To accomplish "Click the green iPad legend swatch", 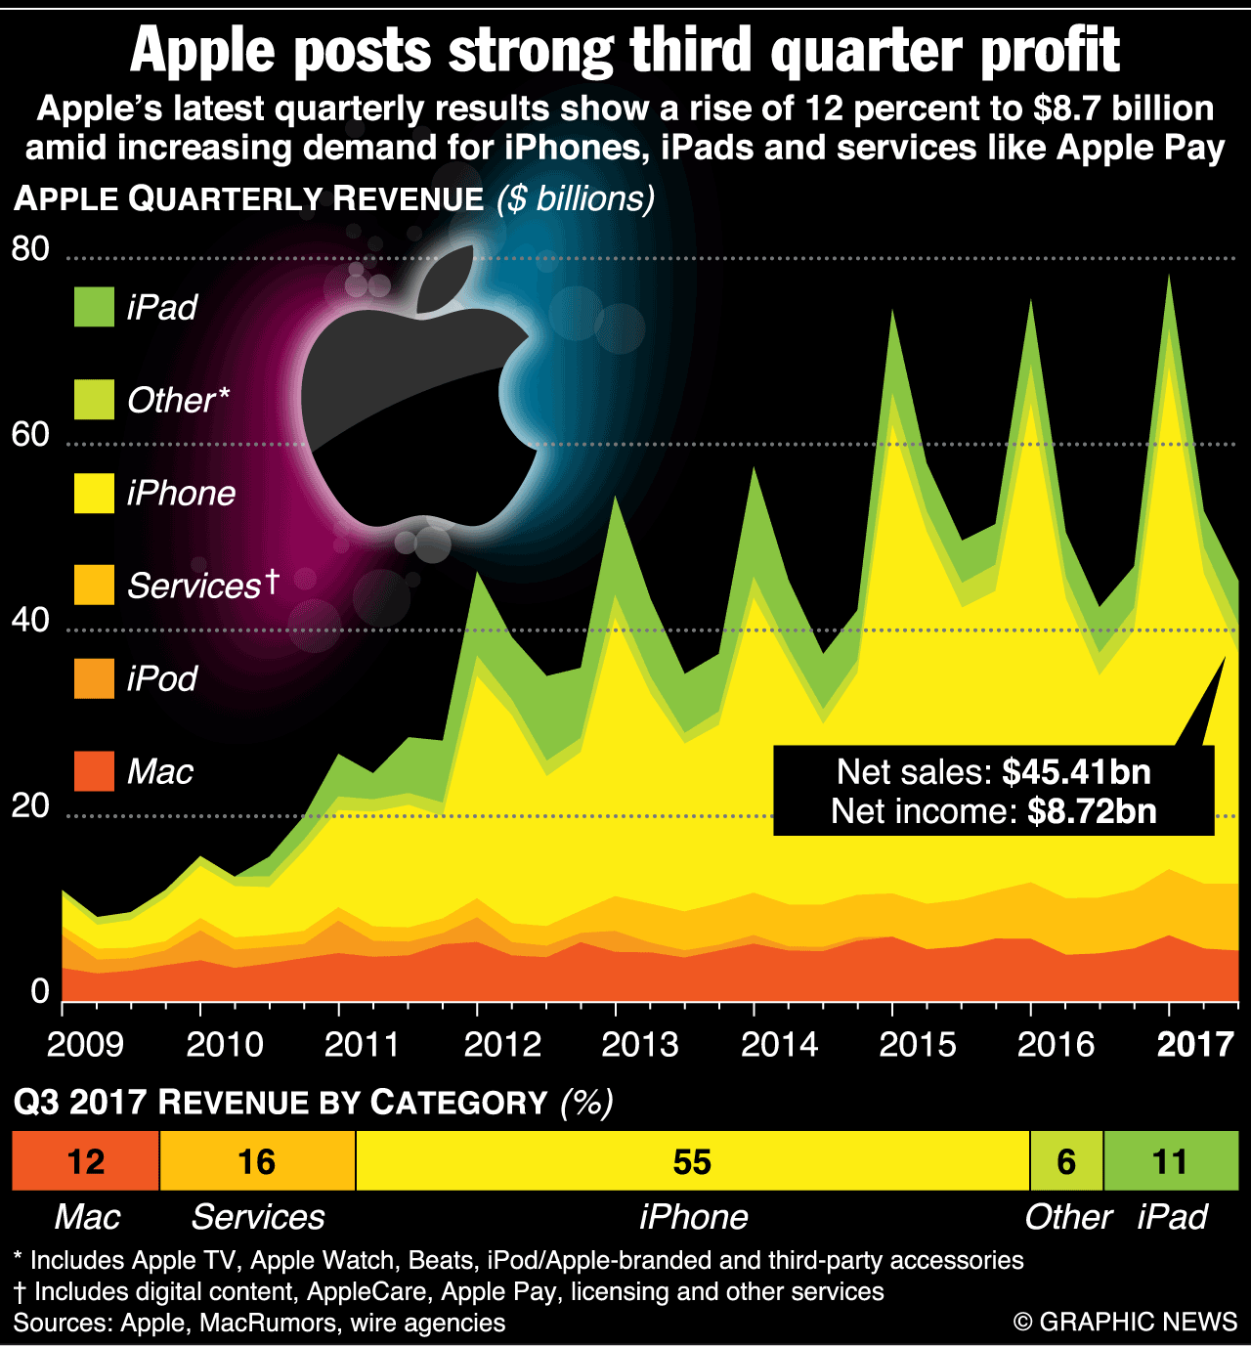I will point(94,307).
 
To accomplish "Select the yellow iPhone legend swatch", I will point(94,493).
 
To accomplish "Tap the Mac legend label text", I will point(160,772).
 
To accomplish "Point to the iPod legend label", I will point(162,678).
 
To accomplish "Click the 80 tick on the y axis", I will point(30,249).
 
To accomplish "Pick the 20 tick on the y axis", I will point(30,805).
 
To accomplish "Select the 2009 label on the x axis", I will point(85,1044).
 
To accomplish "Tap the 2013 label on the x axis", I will point(640,1044).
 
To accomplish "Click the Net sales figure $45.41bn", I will point(1077,772).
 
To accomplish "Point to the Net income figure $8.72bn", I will point(1092,811).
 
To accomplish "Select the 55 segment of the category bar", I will point(692,1161).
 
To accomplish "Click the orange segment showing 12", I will point(86,1161).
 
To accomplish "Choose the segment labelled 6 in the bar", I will point(1066,1161).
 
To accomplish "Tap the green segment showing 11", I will point(1170,1161).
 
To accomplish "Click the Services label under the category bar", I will point(257,1217).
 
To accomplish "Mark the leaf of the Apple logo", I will point(446,279).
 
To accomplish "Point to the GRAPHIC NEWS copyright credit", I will point(1126,1322).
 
